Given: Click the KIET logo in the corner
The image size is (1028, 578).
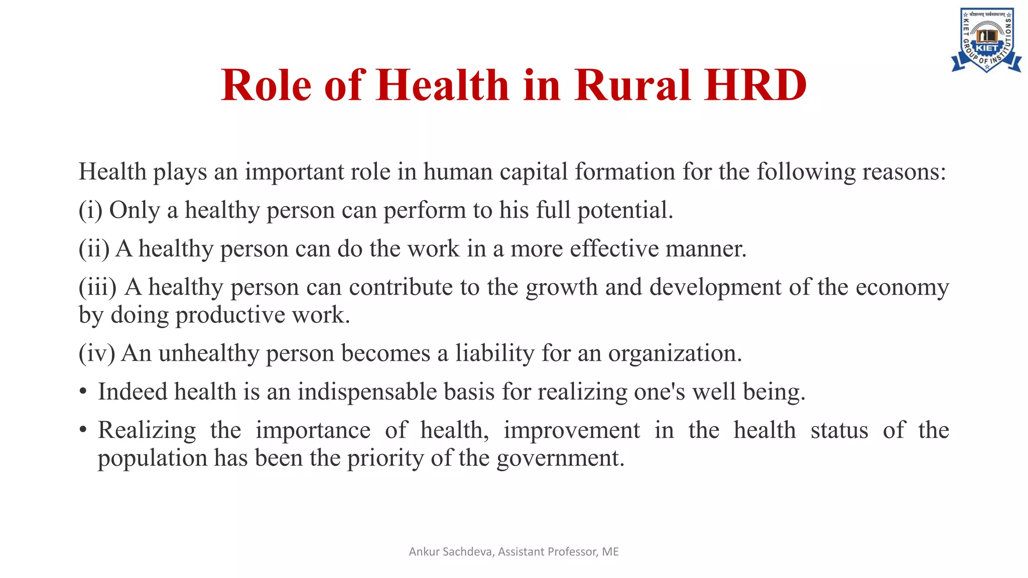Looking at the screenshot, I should click(986, 40).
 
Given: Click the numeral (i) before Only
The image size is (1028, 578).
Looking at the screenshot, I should click(90, 210).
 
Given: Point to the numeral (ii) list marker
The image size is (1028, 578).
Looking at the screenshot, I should click(94, 249).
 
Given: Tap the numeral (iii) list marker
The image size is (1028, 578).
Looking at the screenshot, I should click(97, 287).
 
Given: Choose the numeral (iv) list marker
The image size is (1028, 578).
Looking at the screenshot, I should click(97, 353).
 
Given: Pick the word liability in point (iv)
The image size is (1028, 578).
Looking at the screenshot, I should click(494, 354).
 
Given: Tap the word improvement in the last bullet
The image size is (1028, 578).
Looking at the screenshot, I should click(572, 430).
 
